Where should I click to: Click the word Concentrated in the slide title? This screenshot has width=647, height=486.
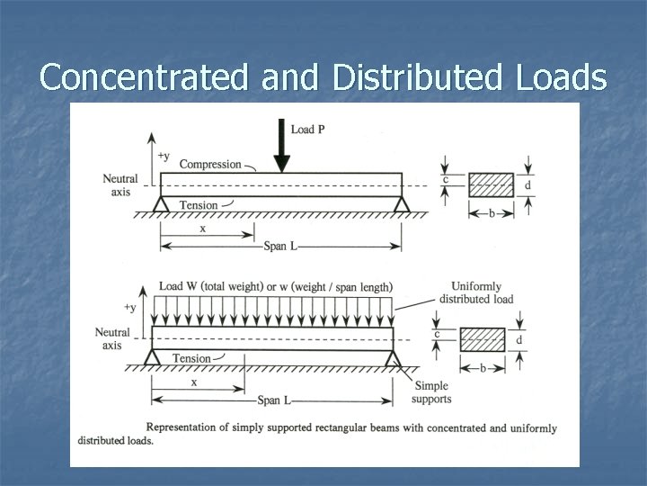pos(146,77)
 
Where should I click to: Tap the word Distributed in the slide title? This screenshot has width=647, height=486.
pos(413,77)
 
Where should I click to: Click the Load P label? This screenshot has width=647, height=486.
pos(308,130)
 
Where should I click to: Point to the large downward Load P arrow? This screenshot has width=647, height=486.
pos(282,153)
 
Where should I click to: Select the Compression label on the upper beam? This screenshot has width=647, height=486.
pos(210,164)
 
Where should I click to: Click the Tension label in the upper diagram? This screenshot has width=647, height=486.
pos(199,205)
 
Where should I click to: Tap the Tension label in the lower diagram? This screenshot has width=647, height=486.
pos(191,358)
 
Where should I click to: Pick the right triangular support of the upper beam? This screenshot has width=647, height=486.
pos(401,205)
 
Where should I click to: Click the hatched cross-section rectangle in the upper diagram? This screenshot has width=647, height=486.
pos(492,185)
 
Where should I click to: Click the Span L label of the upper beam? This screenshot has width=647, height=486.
pos(282,246)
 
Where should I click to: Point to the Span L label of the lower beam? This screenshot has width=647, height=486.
pos(273,398)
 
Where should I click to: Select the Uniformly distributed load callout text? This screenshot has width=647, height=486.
pos(476,292)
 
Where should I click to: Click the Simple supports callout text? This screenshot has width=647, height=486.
pos(433,392)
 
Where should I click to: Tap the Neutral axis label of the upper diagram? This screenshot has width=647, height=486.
pos(120,184)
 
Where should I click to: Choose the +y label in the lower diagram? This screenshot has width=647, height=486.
pos(131,308)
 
